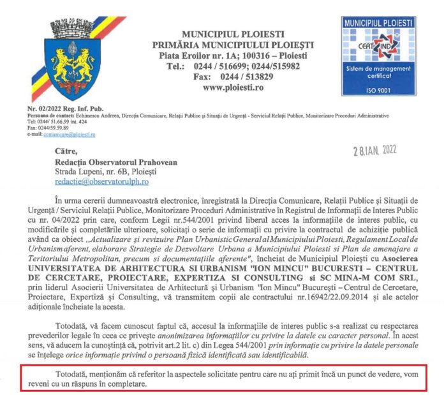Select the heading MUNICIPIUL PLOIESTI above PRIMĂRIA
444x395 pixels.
click(x=233, y=33)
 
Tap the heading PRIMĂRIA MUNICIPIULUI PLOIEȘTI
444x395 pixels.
click(x=233, y=45)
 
